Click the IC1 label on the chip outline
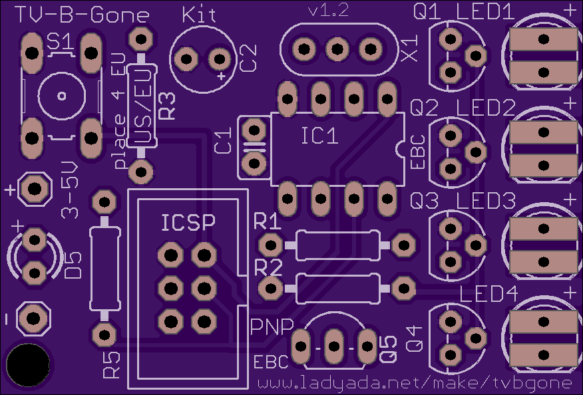coord(319,136)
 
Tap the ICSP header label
coord(188,223)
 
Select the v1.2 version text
coord(329,11)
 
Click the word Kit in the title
coord(199,15)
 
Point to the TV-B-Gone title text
coord(82,15)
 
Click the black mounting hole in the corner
coord(28,365)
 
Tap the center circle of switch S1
coord(62,96)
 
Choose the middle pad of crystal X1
coord(337,49)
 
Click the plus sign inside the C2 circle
coord(222,76)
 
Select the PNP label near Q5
coord(272,327)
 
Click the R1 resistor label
coord(268,222)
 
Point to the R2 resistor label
coord(268,268)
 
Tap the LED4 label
coord(488,294)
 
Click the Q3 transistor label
coord(424,201)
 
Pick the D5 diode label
coord(73,265)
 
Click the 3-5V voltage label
coord(70,190)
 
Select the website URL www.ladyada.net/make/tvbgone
coord(414,383)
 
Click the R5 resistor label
coord(112,365)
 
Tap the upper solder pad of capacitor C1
coord(254,130)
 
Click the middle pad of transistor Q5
coord(334,346)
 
